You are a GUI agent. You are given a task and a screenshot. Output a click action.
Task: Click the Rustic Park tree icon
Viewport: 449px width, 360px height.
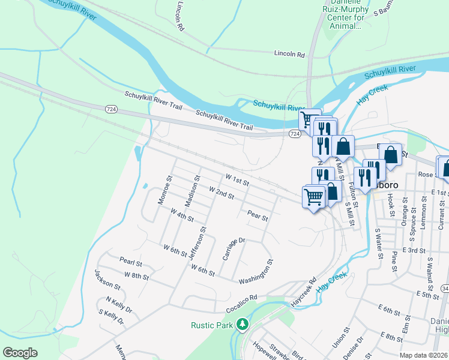pyautogui.click(x=243, y=325)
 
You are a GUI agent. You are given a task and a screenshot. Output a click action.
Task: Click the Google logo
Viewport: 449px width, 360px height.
pyautogui.click(x=20, y=353)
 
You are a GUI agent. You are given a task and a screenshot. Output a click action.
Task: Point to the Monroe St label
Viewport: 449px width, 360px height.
pyautogui.click(x=165, y=190)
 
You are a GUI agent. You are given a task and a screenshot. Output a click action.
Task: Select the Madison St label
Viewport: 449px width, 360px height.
pyautogui.click(x=192, y=191)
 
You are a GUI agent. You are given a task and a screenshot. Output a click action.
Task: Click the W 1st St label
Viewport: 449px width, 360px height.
pyautogui.click(x=237, y=179)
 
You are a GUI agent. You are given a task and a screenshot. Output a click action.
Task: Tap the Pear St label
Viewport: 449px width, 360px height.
pyautogui.click(x=257, y=214)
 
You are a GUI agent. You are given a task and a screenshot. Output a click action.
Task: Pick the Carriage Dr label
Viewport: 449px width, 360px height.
pyautogui.click(x=234, y=248)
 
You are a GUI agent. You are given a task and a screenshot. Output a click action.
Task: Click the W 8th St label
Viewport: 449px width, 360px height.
pyautogui.click(x=136, y=275)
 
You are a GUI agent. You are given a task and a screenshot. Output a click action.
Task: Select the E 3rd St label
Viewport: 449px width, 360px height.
pyautogui.click(x=414, y=250)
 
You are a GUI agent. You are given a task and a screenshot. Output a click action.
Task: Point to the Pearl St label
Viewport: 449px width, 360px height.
pyautogui.click(x=130, y=263)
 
